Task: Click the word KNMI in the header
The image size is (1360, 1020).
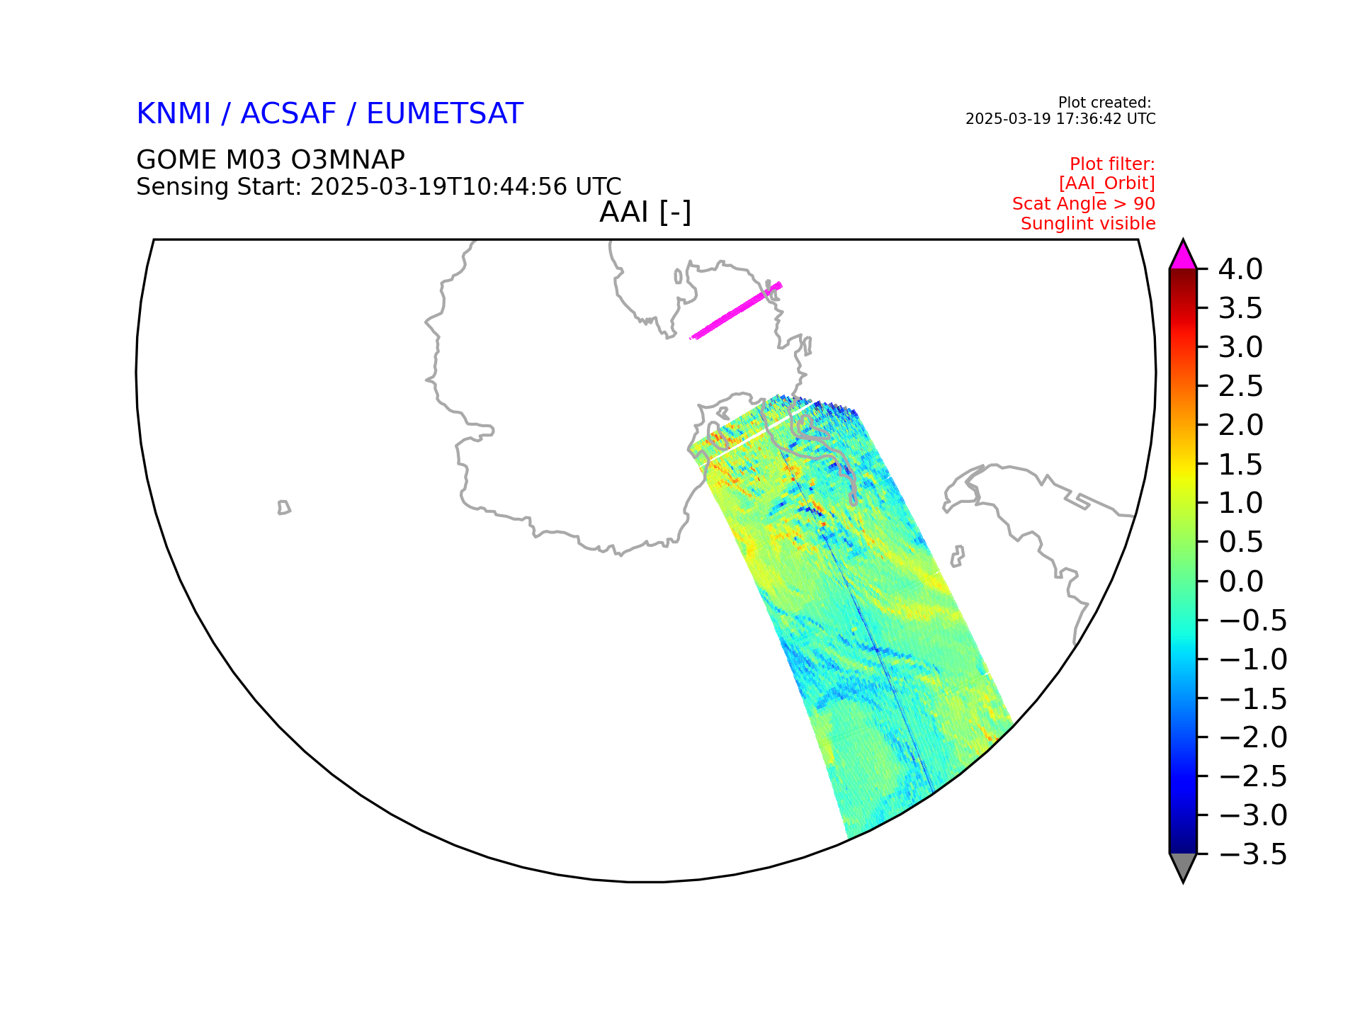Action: [174, 114]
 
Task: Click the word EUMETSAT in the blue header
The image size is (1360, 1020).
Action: [445, 114]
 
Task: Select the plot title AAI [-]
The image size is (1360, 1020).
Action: [645, 212]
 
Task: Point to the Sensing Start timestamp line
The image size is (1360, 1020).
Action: [379, 187]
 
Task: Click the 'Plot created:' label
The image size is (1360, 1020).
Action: [1105, 103]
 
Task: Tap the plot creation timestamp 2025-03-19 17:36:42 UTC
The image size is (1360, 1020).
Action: [1060, 119]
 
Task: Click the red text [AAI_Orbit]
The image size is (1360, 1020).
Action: [1107, 183]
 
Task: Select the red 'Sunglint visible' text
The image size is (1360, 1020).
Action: [1088, 224]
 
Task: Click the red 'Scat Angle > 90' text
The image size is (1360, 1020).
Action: [1084, 204]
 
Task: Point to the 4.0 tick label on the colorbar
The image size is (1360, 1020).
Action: [1240, 269]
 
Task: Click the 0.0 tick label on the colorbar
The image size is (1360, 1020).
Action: [1241, 582]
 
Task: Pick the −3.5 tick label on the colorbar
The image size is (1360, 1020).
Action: [1252, 854]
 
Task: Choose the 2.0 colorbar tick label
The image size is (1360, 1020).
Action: [1241, 425]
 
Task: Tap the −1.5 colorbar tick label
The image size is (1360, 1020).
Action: [1252, 698]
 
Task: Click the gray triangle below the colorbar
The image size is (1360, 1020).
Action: [1183, 865]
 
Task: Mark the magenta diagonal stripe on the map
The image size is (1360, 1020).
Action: [736, 310]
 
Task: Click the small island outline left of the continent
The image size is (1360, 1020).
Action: [284, 507]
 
